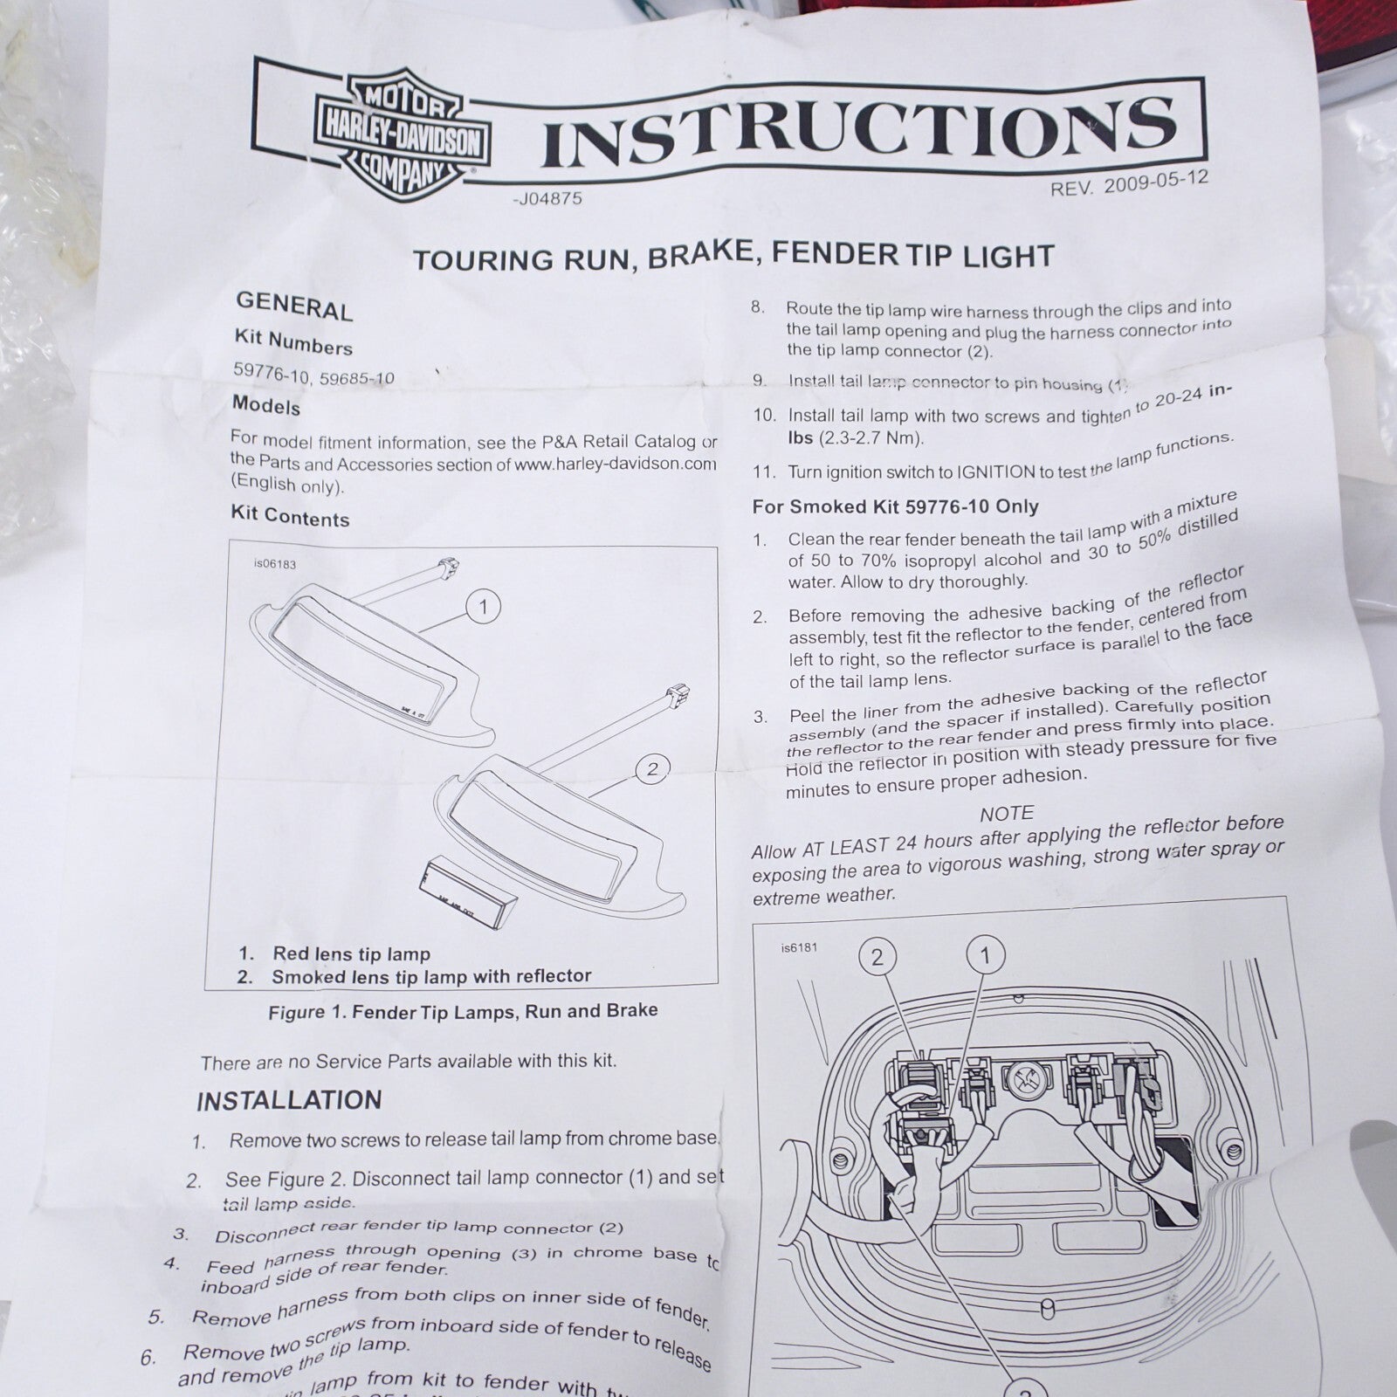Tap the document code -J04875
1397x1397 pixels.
547,199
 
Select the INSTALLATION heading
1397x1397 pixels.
289,1100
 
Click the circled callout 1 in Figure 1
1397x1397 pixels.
483,606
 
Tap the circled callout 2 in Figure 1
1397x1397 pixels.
651,768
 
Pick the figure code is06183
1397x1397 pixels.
275,564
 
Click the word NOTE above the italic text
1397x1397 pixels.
1006,814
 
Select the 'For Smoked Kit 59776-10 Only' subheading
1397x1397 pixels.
895,506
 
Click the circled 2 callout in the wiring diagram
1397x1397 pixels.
877,957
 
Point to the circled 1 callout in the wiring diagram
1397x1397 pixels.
987,954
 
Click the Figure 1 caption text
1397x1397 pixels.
463,1011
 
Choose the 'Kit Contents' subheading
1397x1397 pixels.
290,516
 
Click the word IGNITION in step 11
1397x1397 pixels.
996,471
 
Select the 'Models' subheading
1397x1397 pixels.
265,406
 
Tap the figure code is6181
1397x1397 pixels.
799,947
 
